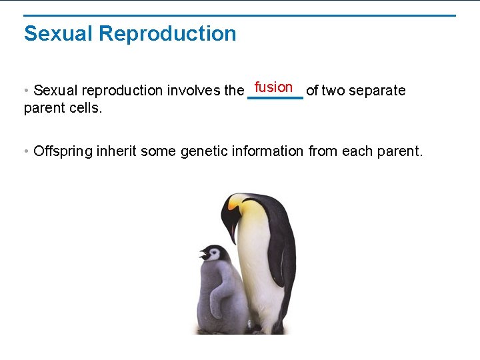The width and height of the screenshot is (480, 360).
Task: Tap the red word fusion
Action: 273,87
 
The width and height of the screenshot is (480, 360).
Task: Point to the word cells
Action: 87,107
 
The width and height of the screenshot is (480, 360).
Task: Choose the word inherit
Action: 117,151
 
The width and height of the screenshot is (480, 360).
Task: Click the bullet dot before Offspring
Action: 26,151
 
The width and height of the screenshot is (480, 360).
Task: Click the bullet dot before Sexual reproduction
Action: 26,90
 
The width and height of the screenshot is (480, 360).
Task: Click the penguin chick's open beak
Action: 203,254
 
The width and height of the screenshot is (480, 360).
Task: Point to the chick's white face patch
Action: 215,254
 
